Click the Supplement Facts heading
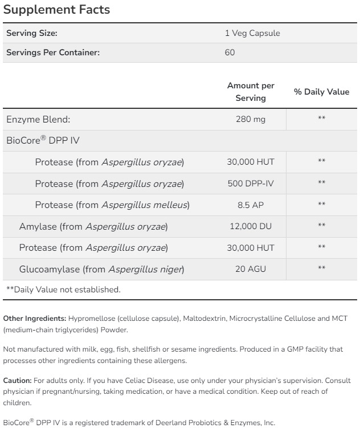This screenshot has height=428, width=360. click(x=56, y=10)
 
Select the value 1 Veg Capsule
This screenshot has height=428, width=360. click(x=252, y=33)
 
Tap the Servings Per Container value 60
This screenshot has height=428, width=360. click(x=230, y=52)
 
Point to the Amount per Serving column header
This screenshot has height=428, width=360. click(x=251, y=92)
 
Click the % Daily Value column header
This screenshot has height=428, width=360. click(x=321, y=92)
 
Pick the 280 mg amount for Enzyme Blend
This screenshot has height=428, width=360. click(x=251, y=119)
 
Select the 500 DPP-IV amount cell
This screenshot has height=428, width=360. click(x=251, y=183)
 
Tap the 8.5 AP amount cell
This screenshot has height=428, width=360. click(x=251, y=205)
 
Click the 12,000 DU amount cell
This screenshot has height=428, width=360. click(x=251, y=226)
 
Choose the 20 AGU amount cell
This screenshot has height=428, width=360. click(x=251, y=269)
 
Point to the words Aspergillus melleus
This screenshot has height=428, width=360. click(x=145, y=205)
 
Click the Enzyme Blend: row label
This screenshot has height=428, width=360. click(x=38, y=119)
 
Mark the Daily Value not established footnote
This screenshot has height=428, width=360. click(x=63, y=290)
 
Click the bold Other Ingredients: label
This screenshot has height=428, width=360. click(x=35, y=318)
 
